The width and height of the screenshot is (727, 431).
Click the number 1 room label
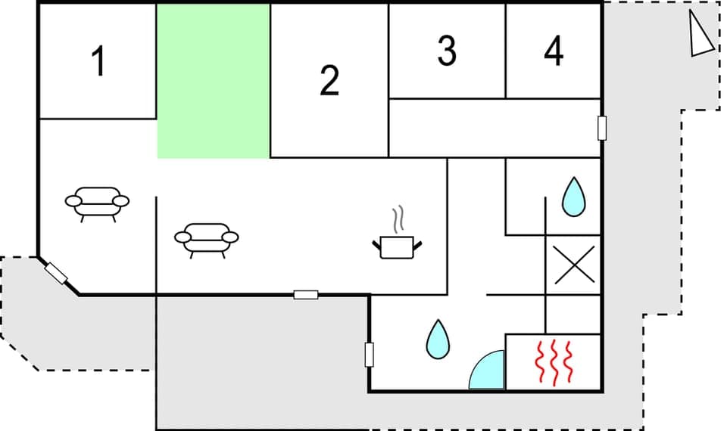[x=98, y=62]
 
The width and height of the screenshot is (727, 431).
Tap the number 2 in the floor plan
[x=329, y=81]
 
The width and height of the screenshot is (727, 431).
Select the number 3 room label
[x=447, y=51]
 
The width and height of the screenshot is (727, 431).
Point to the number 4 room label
[x=554, y=51]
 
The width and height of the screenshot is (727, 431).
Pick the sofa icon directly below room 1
[x=97, y=203]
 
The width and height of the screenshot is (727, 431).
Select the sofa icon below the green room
[x=206, y=240]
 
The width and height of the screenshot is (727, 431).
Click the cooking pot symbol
[x=397, y=247]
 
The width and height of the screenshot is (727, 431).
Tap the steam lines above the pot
[x=398, y=220]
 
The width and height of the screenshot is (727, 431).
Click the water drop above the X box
[x=573, y=197]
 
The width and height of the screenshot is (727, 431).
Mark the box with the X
[x=573, y=265]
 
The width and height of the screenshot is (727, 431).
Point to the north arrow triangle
[x=700, y=36]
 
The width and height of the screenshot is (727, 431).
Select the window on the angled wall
[x=57, y=272]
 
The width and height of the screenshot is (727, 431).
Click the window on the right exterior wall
[x=603, y=128]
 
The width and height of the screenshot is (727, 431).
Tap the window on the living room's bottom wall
[x=306, y=294]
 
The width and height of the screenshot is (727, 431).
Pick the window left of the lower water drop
[x=370, y=354]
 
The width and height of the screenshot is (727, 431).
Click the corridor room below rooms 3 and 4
[x=492, y=128]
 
